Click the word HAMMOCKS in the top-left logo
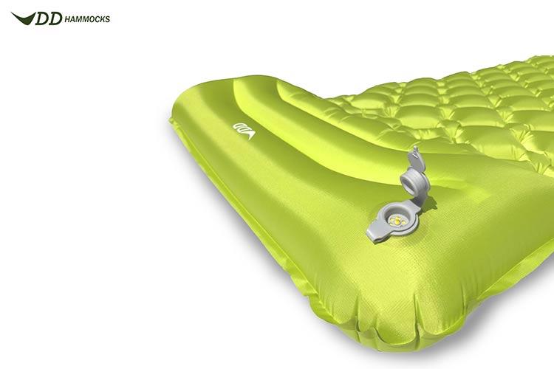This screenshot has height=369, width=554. pyautogui.click(x=87, y=19)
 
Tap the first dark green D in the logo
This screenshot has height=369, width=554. pyautogui.click(x=42, y=18)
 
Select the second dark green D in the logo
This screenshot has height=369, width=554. pyautogui.click(x=55, y=18)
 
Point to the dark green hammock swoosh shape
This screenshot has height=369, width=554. pyautogui.click(x=24, y=18)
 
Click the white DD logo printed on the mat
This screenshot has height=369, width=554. pyautogui.click(x=244, y=131)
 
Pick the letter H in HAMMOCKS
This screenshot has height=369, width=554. pyautogui.click(x=67, y=19)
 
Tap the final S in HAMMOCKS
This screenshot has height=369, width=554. pyautogui.click(x=107, y=19)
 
